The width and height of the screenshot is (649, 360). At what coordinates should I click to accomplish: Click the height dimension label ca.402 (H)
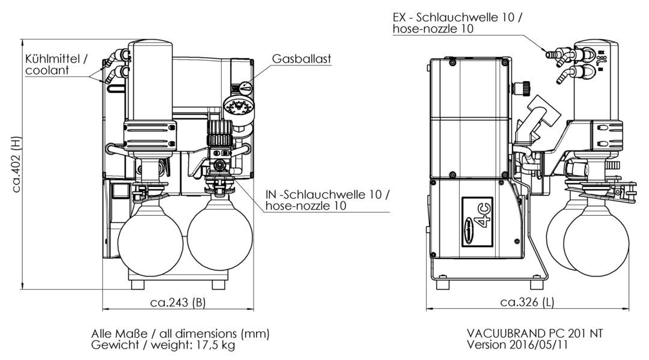[16, 164]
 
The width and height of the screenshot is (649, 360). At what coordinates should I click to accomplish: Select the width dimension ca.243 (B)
[177, 302]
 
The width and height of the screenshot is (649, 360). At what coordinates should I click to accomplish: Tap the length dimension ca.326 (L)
[527, 302]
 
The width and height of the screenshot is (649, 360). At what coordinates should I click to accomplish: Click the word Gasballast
[301, 59]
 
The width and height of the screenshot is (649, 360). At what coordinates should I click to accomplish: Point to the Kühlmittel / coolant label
[56, 64]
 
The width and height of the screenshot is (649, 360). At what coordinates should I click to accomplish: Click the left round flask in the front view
[150, 239]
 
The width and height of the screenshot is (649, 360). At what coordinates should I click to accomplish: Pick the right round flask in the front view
[220, 239]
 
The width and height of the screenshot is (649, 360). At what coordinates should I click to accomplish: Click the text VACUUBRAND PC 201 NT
[535, 333]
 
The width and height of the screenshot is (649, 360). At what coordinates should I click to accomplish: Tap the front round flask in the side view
[596, 240]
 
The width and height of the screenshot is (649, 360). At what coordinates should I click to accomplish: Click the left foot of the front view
[138, 285]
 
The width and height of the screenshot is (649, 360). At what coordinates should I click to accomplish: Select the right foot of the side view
[537, 285]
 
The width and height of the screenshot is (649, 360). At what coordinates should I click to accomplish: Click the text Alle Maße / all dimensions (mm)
[180, 334]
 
